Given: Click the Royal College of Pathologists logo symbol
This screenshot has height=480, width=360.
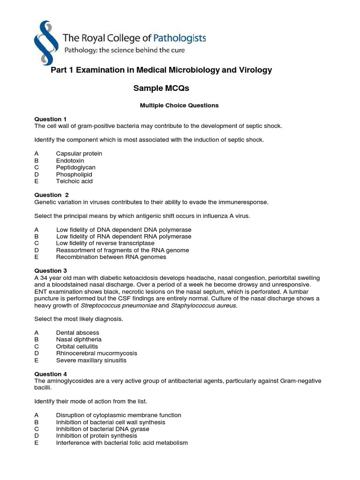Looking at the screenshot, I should tap(44, 42).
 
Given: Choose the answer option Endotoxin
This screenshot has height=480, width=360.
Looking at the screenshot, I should tap(70, 160).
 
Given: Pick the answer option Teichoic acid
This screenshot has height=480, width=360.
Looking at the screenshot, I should tap(74, 181).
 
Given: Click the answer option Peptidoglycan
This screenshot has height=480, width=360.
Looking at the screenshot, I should tap(75, 167).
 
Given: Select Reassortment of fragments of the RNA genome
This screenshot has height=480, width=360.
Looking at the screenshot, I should tap(122, 250).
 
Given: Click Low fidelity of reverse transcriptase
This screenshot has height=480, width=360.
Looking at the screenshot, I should tap(105, 243).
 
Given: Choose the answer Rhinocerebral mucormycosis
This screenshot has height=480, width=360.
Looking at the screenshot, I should tap(97, 353).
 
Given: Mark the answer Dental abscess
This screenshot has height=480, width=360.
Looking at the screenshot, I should tap(77, 333).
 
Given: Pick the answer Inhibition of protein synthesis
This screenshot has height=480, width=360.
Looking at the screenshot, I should tap(97, 436).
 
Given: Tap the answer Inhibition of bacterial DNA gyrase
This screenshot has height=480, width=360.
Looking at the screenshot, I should tap(103, 429).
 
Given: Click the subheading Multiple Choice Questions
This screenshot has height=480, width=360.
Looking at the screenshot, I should tap(179, 105).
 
